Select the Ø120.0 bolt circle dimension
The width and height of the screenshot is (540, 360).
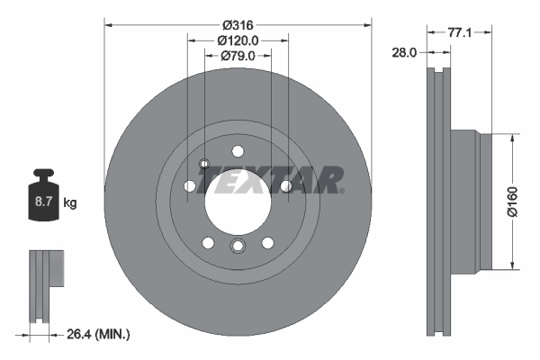(238, 40)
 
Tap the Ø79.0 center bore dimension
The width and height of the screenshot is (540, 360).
(238, 56)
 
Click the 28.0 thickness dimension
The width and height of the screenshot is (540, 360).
(402, 52)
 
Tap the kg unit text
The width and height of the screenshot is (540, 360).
(70, 203)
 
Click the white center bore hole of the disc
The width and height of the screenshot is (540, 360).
(238, 199)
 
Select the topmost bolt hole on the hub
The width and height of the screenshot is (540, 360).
(238, 150)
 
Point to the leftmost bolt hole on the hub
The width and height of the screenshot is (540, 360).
(190, 186)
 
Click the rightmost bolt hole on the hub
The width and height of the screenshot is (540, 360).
(285, 186)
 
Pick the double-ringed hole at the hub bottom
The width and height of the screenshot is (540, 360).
(238, 247)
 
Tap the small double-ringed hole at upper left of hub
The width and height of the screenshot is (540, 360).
(204, 164)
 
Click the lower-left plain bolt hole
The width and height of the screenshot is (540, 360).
(208, 242)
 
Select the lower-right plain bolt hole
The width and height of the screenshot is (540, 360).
(267, 242)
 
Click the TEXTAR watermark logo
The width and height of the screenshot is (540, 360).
(270, 179)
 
